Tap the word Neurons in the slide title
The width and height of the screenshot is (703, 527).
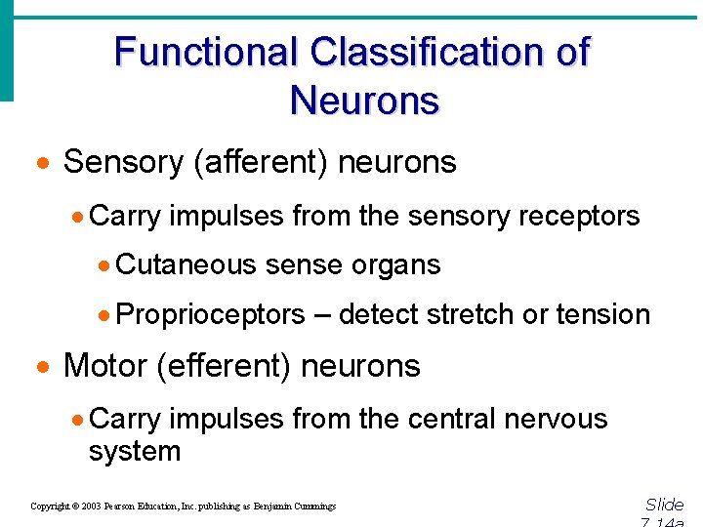[x=364, y=100]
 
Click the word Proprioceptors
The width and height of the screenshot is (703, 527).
[x=211, y=314]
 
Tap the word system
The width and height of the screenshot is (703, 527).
[x=135, y=451]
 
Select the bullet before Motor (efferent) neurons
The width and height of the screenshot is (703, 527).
[x=42, y=368]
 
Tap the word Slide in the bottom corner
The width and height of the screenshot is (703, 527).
[x=665, y=505]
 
